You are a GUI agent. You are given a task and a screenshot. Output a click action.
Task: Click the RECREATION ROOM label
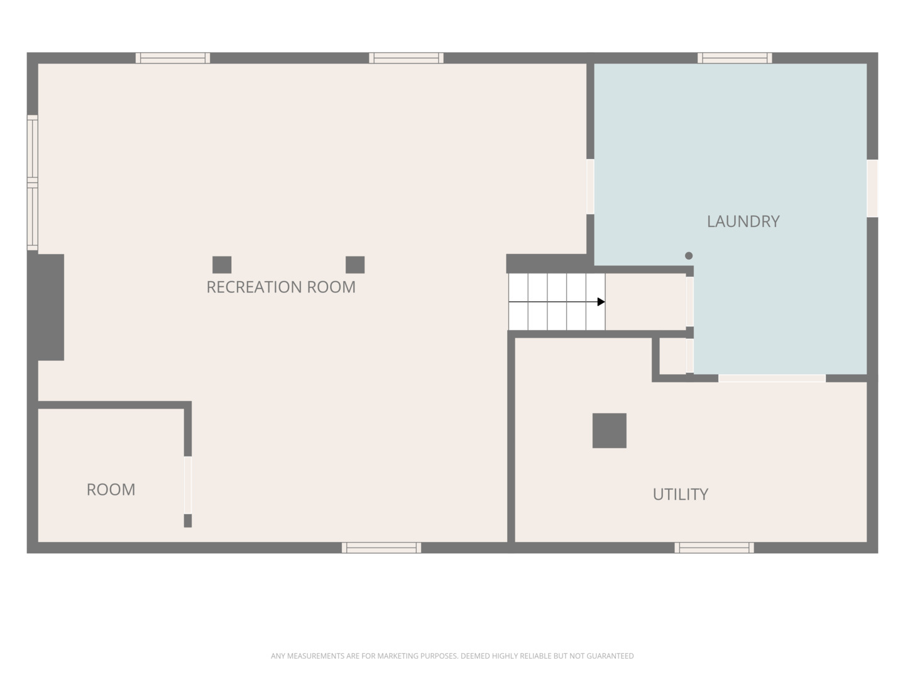[281, 287]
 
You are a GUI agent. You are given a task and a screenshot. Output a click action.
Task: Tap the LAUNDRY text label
[743, 221]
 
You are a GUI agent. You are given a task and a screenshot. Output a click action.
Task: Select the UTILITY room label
[680, 494]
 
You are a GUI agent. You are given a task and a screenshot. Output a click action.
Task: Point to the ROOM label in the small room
[111, 489]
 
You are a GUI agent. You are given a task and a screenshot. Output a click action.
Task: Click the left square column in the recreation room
[222, 265]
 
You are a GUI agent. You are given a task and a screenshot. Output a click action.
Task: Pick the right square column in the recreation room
[355, 265]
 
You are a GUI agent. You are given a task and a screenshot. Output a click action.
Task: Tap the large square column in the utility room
[610, 431]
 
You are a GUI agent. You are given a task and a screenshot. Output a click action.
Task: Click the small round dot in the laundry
[689, 256]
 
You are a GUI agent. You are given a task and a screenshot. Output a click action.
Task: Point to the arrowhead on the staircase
[601, 302]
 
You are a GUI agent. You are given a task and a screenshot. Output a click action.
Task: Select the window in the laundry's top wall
[735, 58]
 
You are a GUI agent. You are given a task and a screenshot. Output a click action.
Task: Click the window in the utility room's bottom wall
[714, 548]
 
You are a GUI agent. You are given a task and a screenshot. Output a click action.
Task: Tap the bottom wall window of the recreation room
[381, 548]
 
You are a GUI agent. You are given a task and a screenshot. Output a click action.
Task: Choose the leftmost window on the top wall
[173, 58]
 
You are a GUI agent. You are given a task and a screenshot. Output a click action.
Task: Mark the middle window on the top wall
[406, 58]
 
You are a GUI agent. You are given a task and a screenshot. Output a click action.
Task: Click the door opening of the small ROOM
[187, 485]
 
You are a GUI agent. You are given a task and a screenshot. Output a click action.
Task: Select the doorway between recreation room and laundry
[590, 187]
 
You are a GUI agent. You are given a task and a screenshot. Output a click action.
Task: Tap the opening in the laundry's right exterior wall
[872, 188]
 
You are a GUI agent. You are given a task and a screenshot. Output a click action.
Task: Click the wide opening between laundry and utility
[772, 378]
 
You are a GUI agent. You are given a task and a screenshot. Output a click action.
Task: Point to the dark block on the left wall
[46, 307]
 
